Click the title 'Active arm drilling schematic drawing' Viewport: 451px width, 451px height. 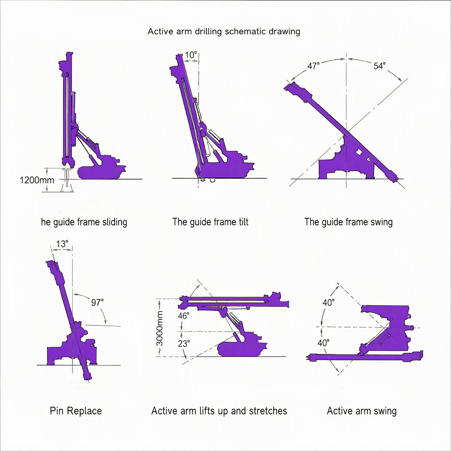click(x=224, y=32)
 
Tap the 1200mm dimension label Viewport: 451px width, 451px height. click(x=37, y=180)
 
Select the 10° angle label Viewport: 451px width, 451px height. click(x=191, y=55)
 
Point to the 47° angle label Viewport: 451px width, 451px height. click(x=313, y=66)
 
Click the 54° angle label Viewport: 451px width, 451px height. click(x=379, y=66)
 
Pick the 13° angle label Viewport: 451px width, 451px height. click(x=62, y=244)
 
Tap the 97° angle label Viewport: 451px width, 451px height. click(x=97, y=302)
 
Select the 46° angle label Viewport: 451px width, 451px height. click(x=184, y=316)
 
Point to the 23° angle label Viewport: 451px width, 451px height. click(x=184, y=343)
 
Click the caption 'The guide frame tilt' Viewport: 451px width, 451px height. click(x=210, y=222)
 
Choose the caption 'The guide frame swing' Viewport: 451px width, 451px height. click(x=348, y=222)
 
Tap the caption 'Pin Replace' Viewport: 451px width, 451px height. click(x=76, y=411)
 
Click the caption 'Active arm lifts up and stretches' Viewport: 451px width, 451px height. click(x=219, y=411)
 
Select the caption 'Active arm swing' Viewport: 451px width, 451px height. click(x=362, y=411)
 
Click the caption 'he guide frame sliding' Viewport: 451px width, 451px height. click(x=84, y=222)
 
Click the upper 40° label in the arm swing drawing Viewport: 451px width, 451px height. click(x=328, y=303)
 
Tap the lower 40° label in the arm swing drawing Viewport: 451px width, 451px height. click(x=323, y=343)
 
